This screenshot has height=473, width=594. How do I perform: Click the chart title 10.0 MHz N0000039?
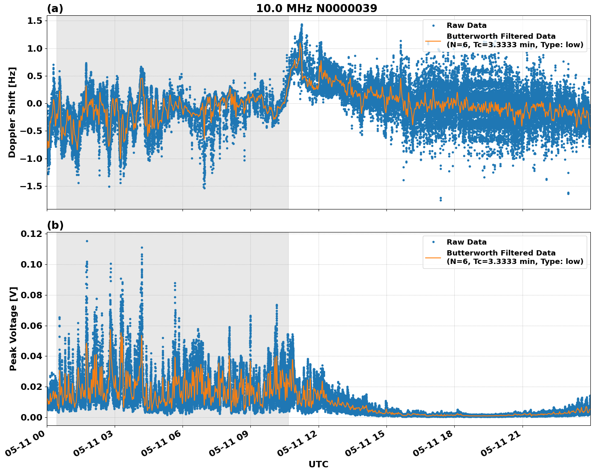[317, 8]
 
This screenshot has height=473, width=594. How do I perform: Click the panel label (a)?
[55, 8]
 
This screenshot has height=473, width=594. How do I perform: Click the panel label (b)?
[55, 225]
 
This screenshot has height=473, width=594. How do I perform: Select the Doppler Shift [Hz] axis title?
[12, 112]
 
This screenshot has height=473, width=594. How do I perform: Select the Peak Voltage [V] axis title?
[13, 329]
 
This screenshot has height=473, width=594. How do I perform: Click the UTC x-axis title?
[318, 464]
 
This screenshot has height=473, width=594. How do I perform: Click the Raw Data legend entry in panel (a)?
[466, 25]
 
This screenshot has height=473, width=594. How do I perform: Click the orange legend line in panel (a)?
[433, 41]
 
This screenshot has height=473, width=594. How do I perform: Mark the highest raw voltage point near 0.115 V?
[87, 241]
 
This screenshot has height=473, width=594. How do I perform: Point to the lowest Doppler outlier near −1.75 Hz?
[441, 199]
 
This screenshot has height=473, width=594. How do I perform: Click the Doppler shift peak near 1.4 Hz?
[301, 25]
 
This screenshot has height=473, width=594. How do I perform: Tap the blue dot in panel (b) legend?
[433, 242]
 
